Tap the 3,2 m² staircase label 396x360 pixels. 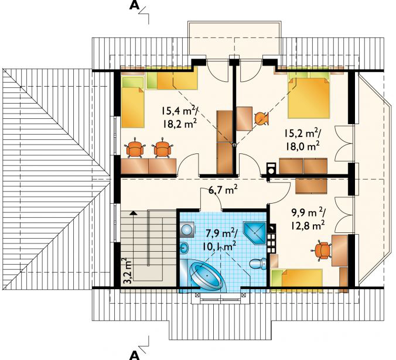128,271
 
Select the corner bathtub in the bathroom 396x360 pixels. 207,276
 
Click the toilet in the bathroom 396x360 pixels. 258,263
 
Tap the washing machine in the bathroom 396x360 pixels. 187,229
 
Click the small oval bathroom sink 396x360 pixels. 185,248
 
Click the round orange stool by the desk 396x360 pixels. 261,118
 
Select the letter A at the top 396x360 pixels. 134,5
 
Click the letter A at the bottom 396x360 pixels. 134,355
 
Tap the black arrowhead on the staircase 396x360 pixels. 133,212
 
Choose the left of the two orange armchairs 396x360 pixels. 135,148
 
